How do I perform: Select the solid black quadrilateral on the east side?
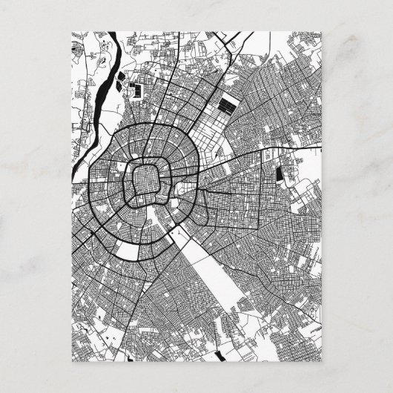tap(280, 175)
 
